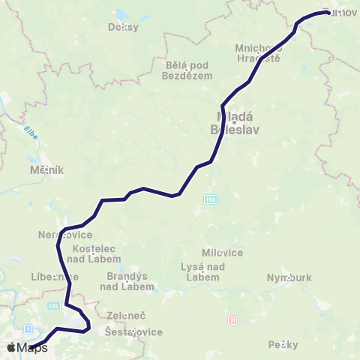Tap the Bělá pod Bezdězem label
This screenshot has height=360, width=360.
(x=187, y=70)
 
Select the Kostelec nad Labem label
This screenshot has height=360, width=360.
(x=93, y=253)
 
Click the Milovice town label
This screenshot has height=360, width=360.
(x=223, y=253)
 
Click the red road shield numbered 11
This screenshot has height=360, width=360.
(x=232, y=320)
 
